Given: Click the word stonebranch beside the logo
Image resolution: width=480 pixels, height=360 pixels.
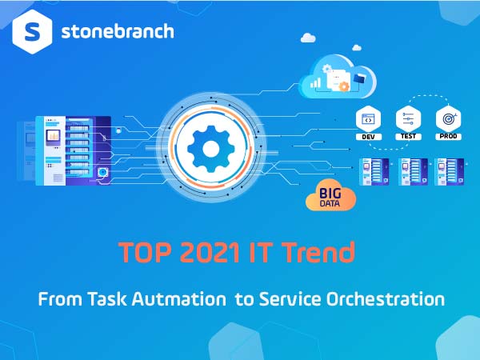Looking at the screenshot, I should pos(117,33).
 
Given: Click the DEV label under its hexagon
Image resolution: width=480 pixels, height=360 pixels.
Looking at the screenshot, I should pos(369,137).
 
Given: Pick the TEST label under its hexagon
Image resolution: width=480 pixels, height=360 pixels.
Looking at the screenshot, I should pos(409,137).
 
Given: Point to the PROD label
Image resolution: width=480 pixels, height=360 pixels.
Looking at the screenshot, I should pos(448,137).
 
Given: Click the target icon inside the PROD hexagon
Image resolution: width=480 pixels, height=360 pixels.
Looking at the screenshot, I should pos(448,118).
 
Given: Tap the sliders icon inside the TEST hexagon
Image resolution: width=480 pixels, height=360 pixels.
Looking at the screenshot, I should pos(409,118).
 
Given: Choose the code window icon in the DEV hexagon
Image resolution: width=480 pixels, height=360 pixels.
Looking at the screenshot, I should pos(369,118).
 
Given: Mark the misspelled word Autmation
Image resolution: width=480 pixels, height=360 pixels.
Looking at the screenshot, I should pos(182,300).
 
